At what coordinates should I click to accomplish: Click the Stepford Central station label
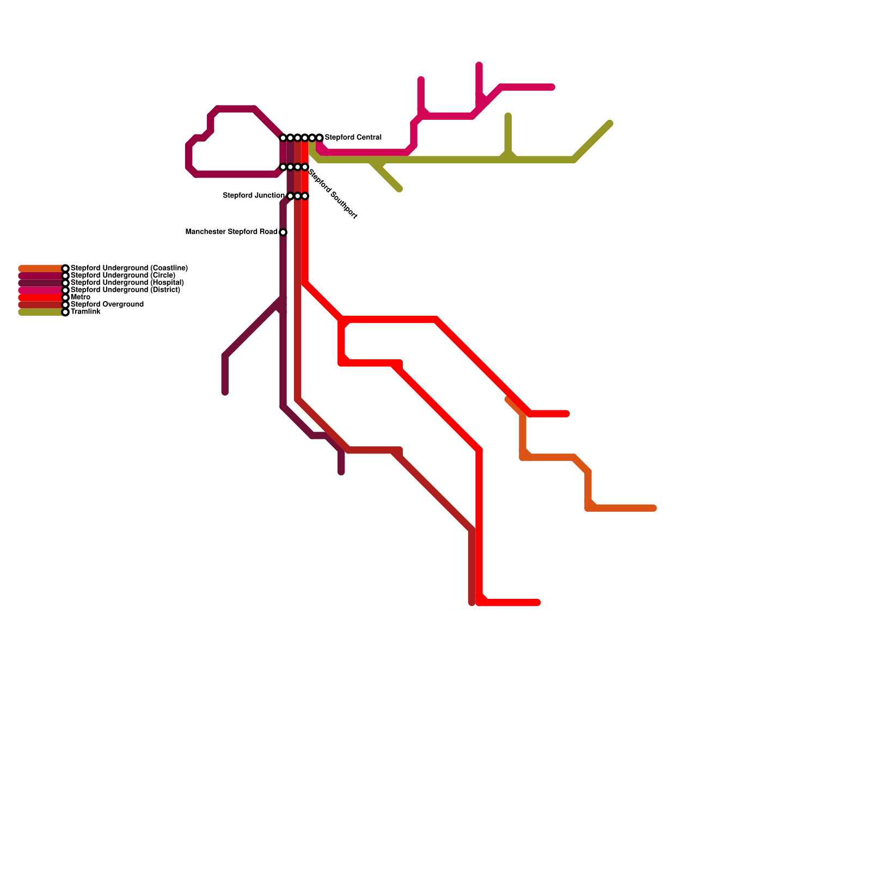click(x=353, y=138)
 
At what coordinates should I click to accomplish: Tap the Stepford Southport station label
click(x=333, y=194)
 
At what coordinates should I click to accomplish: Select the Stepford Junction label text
click(x=254, y=195)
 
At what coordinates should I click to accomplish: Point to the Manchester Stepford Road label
click(x=231, y=232)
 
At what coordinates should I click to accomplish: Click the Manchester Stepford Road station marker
click(x=283, y=232)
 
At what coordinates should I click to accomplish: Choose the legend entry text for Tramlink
click(x=85, y=312)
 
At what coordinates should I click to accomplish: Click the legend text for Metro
click(x=80, y=297)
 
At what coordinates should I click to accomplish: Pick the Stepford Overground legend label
click(x=107, y=304)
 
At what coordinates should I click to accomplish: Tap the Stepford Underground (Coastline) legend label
click(x=129, y=268)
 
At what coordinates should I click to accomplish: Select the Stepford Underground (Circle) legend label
click(x=122, y=275)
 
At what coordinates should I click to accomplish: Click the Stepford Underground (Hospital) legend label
click(x=127, y=283)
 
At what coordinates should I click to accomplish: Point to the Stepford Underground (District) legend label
click(x=125, y=290)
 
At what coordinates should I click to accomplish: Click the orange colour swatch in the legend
click(x=41, y=268)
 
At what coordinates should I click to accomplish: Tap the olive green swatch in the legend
click(x=41, y=312)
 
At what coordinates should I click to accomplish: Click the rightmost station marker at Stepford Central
click(x=320, y=138)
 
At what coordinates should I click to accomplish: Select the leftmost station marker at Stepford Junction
click(x=291, y=196)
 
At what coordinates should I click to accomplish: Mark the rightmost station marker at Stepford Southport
click(x=305, y=167)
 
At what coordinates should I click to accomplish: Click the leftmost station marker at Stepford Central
click(x=283, y=138)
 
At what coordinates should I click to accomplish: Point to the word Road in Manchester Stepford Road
click(x=268, y=232)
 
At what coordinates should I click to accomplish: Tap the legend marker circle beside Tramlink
click(x=65, y=312)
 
